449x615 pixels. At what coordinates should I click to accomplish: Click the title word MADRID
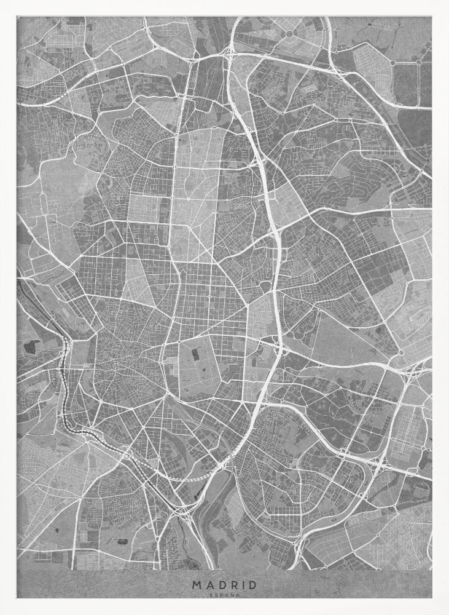click(225, 585)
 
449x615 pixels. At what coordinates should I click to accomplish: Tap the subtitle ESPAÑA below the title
click(225, 595)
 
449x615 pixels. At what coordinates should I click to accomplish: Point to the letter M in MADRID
click(196, 585)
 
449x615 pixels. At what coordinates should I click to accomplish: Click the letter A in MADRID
click(208, 585)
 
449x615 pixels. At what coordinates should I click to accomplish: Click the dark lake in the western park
click(28, 346)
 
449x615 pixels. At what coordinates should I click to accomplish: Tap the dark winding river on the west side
click(64, 394)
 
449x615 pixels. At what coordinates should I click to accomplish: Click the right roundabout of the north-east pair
click(418, 62)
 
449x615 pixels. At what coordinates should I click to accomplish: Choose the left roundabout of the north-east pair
click(392, 62)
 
